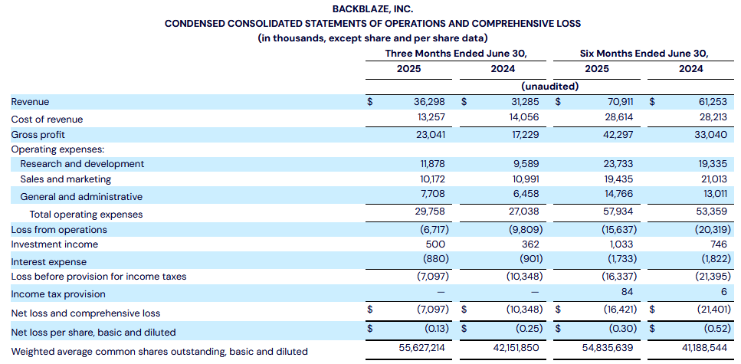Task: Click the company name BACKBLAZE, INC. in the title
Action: pos(373,8)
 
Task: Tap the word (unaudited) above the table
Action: pos(550,86)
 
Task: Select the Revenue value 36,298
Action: pos(429,102)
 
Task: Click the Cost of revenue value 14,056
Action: pos(523,119)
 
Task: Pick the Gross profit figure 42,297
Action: pos(618,135)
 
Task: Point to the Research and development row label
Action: pos(82,164)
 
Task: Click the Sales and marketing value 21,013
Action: pos(712,179)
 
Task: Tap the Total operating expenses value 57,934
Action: pos(618,212)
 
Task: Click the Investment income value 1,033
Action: pos(620,244)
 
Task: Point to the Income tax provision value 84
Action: pos(627,292)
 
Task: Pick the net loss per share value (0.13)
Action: pos(432,328)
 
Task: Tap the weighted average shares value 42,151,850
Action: pos(515,349)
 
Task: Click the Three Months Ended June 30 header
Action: pos(456,54)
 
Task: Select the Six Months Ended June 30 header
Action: pos(644,54)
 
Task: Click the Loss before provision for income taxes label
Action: pos(99,277)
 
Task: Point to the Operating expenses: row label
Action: pos(57,150)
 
